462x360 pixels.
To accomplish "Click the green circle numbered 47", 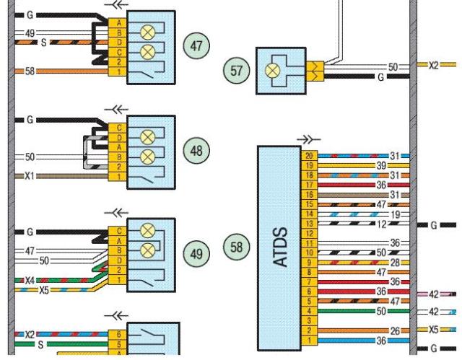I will point(196,45).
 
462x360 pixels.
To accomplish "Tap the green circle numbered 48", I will point(196,151).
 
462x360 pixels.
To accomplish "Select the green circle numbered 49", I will point(196,254).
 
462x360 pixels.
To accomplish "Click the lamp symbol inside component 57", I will point(275,71).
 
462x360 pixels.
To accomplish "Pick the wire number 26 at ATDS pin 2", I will point(394,330).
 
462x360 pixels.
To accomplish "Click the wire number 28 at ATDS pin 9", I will point(394,263).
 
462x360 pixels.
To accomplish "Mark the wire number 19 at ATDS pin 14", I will point(394,214).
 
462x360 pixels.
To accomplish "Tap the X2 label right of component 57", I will point(433,65).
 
